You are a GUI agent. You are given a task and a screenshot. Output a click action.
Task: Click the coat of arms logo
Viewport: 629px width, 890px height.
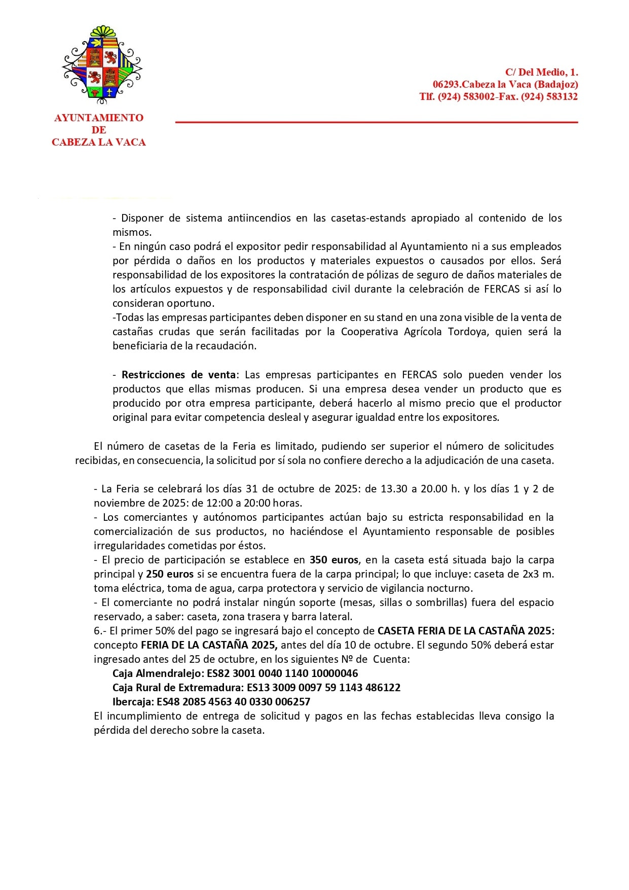coord(102,62)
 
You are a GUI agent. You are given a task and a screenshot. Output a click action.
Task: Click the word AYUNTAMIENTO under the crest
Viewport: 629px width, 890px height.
coord(99,118)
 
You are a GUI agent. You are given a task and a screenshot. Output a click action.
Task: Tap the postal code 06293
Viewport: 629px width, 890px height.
coord(446,85)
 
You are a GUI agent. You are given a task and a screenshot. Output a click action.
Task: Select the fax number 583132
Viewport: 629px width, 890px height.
coord(557,97)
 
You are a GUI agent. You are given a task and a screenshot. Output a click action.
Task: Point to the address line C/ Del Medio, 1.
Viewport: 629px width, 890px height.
coord(541,73)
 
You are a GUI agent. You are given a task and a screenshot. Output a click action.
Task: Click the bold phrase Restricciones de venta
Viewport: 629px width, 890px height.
coord(178,375)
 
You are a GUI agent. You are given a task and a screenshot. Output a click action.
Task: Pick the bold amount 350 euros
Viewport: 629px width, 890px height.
coord(334,560)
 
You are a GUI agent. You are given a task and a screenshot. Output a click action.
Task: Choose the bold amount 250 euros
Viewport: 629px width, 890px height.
coord(170,574)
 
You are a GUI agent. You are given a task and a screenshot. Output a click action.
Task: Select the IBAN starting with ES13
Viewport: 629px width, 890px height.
coord(323,688)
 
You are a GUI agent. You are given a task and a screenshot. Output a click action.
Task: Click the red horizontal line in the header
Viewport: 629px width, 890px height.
coord(376,122)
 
